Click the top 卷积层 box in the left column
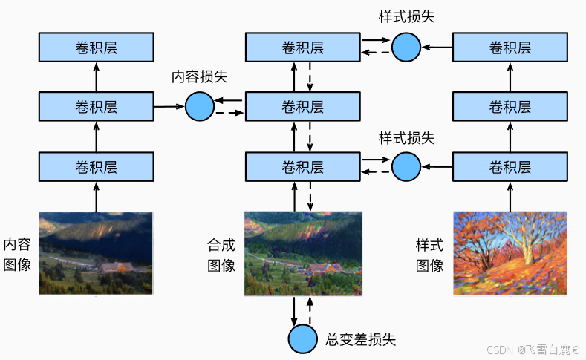click(96, 48)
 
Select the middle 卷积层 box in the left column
click(96, 107)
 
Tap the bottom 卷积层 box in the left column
click(96, 166)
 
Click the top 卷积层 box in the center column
click(302, 48)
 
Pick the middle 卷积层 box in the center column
click(302, 107)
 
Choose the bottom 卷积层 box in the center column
click(302, 166)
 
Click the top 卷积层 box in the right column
click(510, 48)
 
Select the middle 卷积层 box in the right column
click(510, 107)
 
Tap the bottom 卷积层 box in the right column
click(510, 166)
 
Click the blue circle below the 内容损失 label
click(199, 107)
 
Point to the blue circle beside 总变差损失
click(302, 338)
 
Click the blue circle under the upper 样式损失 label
click(406, 48)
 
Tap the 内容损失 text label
click(199, 76)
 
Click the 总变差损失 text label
click(361, 339)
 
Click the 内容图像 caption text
click(17, 254)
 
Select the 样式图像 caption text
click(429, 254)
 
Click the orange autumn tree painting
click(510, 253)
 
